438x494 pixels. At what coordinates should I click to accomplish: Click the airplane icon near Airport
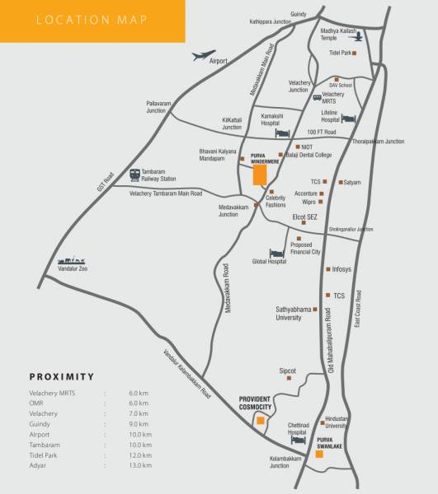point(203,56)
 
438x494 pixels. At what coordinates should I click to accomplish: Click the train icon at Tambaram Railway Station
point(134,174)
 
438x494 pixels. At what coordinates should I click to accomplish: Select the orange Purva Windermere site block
point(259,174)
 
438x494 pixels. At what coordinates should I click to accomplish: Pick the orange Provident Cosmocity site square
point(261,422)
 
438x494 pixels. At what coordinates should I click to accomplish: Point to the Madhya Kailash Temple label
point(339,34)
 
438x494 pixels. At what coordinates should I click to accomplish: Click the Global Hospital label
point(269,262)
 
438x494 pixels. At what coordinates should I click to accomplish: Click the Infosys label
point(340,269)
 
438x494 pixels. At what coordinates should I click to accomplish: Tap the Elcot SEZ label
point(305,217)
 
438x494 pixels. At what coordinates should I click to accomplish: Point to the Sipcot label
point(287,370)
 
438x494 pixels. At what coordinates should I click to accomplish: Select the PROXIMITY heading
point(62,376)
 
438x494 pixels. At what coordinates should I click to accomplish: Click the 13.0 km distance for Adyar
point(140,465)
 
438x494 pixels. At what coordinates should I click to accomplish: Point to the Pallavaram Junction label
point(156,106)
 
